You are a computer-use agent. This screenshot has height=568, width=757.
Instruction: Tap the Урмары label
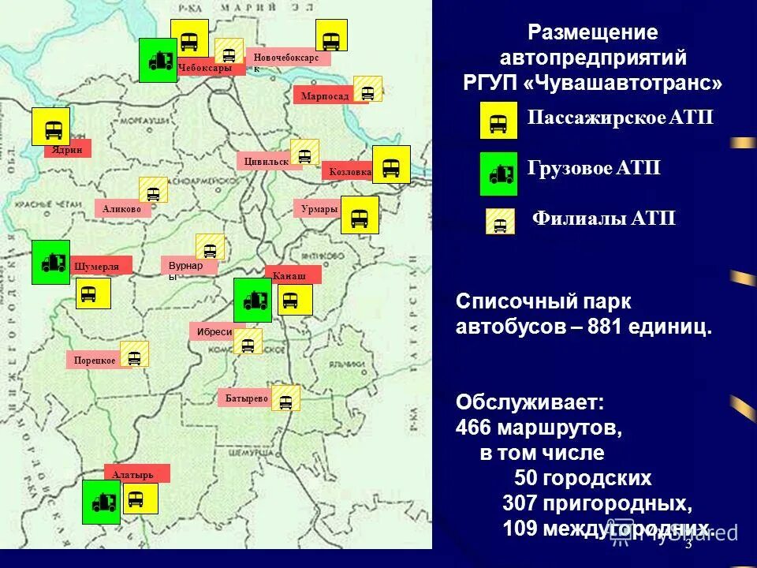(x=318, y=209)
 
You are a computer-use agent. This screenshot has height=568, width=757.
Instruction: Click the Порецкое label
(x=94, y=361)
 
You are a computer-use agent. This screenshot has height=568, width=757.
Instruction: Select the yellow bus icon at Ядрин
(x=51, y=127)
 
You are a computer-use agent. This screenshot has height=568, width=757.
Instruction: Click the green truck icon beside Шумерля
(x=50, y=262)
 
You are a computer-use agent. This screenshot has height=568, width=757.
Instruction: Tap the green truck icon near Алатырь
(x=102, y=502)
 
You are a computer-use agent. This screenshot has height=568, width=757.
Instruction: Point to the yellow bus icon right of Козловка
(x=391, y=165)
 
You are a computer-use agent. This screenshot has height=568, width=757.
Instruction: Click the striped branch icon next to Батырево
(x=285, y=398)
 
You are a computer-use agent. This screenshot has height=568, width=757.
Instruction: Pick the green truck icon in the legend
(x=499, y=174)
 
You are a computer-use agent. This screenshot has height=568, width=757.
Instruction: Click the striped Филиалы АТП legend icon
(x=500, y=222)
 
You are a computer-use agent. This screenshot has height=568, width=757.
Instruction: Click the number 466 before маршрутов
(x=473, y=428)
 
